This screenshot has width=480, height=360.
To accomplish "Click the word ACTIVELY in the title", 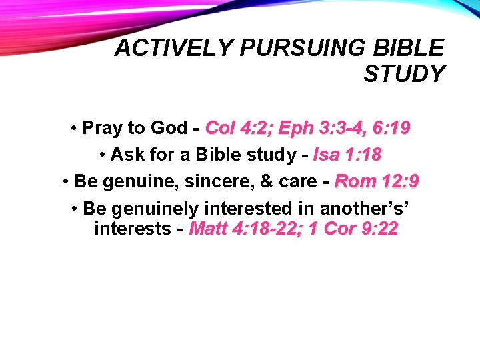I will pos(173,48).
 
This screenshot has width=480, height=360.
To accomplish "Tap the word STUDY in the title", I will pos(403,74).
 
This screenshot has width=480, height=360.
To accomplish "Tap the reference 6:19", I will pos(390,127).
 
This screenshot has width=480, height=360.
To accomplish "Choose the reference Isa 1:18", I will pos(347,155).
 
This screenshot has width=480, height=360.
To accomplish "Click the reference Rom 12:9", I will pos(377,181).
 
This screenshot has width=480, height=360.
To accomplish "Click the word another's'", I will pos(365,209).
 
